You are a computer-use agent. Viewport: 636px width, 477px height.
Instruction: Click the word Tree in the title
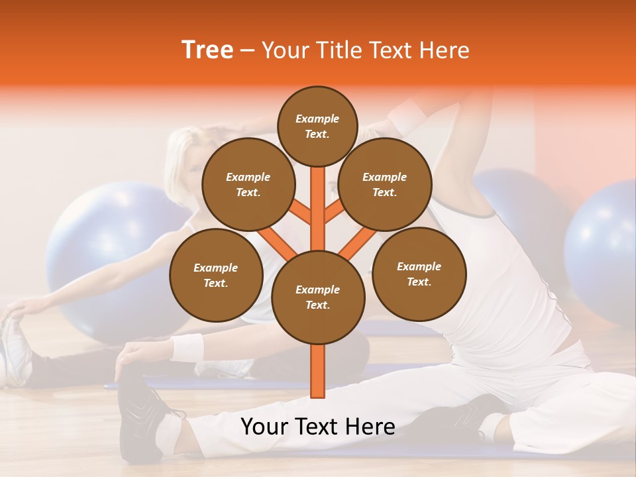click(207, 50)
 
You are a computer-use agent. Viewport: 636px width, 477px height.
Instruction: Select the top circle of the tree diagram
click(317, 126)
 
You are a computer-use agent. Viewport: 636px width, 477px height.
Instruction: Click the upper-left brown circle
click(248, 184)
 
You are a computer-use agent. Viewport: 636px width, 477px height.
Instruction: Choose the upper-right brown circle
click(384, 184)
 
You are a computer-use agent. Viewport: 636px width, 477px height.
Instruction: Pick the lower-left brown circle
click(215, 275)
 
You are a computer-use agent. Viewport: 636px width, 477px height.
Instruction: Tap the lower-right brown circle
click(419, 274)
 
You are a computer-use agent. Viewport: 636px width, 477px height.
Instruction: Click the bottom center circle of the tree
click(317, 297)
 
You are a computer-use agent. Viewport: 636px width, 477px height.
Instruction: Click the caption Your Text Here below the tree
click(317, 427)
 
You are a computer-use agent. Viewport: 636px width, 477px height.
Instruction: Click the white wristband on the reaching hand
click(187, 346)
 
